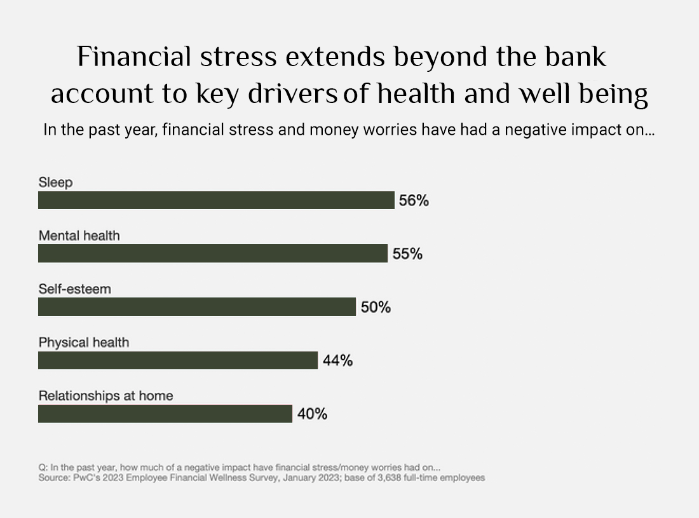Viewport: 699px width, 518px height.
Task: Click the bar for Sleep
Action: pyautogui.click(x=216, y=200)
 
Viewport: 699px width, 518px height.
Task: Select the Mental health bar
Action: pyautogui.click(x=213, y=253)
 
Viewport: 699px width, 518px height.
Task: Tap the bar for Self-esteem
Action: pyautogui.click(x=197, y=307)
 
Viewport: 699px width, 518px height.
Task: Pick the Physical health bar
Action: pyautogui.click(x=178, y=360)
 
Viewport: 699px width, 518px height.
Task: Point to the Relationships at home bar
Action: pyautogui.click(x=165, y=414)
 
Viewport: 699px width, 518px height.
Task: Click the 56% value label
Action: pyautogui.click(x=414, y=201)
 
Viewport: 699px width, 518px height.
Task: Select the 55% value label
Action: pyautogui.click(x=407, y=254)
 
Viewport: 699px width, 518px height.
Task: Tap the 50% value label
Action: pyautogui.click(x=376, y=307)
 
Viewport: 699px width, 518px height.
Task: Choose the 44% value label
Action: pyautogui.click(x=338, y=360)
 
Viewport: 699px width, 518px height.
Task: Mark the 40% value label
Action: pyautogui.click(x=313, y=414)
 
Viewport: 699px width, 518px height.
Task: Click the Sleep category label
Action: pyautogui.click(x=55, y=182)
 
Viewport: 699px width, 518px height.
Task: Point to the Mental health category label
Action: pyautogui.click(x=79, y=235)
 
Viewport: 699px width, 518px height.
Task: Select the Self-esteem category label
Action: pyautogui.click(x=74, y=289)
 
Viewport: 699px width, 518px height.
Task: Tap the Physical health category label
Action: pyautogui.click(x=84, y=343)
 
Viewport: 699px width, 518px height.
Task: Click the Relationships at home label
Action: pyautogui.click(x=105, y=396)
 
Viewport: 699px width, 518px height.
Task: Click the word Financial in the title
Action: pyautogui.click(x=134, y=57)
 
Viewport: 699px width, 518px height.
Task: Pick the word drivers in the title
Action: pyautogui.click(x=292, y=93)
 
